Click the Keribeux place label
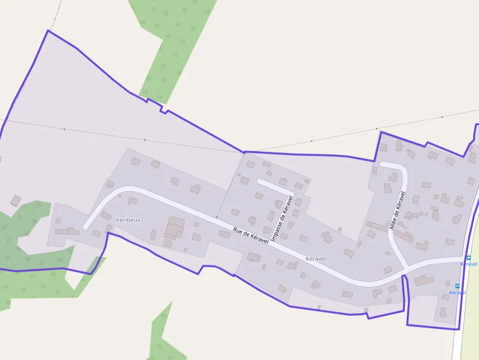128,220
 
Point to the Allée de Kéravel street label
397,211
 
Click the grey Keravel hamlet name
315,258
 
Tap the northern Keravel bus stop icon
468,258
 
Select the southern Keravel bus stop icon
457,286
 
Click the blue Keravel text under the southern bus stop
457,293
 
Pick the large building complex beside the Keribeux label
175,228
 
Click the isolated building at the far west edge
16,200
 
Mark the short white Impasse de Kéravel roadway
275,185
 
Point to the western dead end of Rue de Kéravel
86,227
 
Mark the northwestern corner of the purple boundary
48,31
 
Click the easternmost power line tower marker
442,117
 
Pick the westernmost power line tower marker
64,129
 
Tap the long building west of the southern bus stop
424,280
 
